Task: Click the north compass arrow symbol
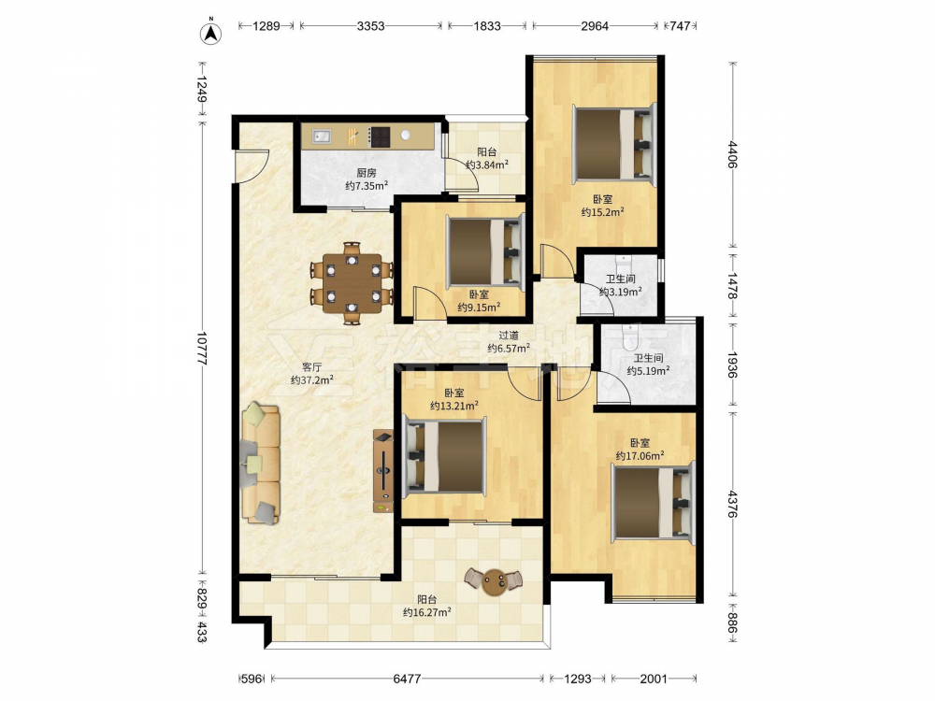coord(210,33)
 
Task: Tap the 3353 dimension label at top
coord(370,25)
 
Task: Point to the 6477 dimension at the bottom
coord(407,679)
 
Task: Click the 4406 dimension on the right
coord(732,154)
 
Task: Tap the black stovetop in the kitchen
coord(380,136)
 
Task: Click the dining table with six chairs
coord(352,283)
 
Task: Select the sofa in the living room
coord(261,464)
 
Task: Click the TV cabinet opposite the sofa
coord(382,471)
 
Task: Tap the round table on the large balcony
coord(494,581)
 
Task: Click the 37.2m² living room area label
coord(312,379)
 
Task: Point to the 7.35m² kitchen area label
coord(367,186)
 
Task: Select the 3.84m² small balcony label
coord(487,165)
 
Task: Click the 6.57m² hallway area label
coord(509,348)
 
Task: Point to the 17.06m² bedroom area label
coord(640,456)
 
